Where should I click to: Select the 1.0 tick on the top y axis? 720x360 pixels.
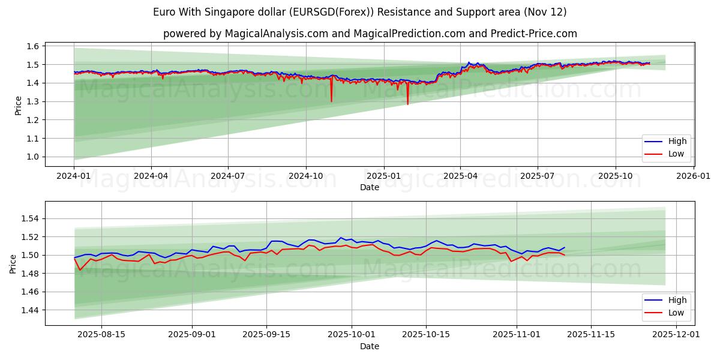point(33,157)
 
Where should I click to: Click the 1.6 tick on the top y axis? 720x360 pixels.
point(33,46)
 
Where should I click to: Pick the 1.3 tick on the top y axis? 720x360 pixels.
point(33,102)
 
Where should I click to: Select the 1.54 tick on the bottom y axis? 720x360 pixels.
point(31,219)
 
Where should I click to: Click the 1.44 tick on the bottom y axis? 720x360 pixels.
point(31,310)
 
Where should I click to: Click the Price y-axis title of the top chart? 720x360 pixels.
point(17,104)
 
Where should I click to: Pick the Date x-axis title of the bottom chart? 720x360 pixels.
point(369,346)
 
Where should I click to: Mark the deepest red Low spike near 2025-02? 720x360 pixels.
point(407,104)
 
